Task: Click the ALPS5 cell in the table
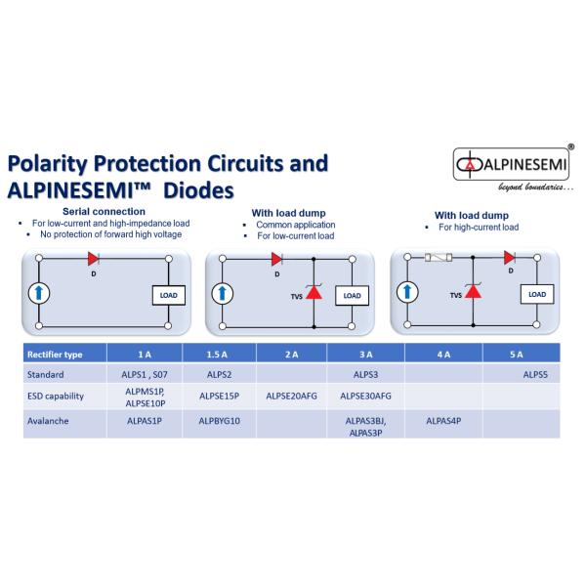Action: coord(536,373)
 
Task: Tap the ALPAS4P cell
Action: coord(444,422)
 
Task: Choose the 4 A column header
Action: coord(444,353)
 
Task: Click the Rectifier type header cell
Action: coord(58,353)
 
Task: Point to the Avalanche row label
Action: coord(50,422)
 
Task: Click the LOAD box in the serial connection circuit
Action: coord(168,295)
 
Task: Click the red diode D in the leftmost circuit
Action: coord(95,259)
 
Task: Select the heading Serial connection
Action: coord(104,211)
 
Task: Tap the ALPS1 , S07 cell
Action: coord(146,373)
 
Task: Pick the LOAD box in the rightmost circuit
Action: coord(536,293)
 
